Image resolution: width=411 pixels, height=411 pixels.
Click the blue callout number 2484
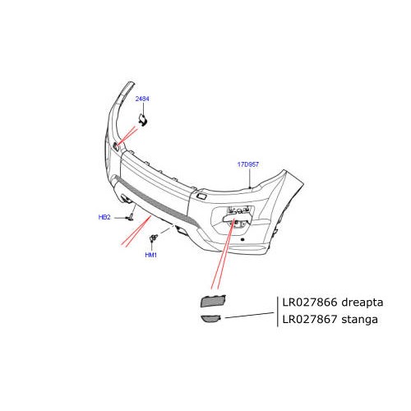(x=141, y=99)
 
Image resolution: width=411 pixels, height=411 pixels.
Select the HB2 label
(x=104, y=217)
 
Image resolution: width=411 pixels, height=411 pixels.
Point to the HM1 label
(x=150, y=255)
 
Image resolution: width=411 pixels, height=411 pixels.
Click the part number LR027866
(x=309, y=302)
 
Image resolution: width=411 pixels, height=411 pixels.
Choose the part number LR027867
(x=309, y=320)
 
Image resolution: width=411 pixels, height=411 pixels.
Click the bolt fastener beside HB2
(x=129, y=217)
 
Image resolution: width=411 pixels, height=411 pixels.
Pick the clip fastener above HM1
(x=154, y=239)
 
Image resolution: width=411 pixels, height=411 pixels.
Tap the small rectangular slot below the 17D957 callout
(x=201, y=196)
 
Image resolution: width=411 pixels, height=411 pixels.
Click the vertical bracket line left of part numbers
(x=277, y=311)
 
